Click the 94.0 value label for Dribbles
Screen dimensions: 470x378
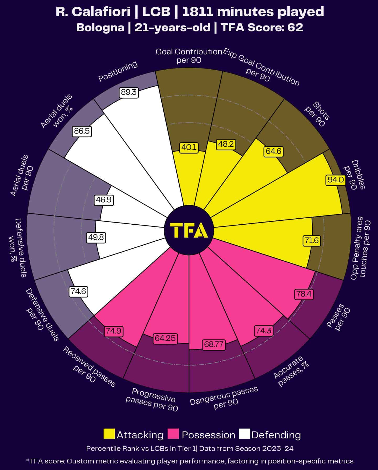click(x=336, y=180)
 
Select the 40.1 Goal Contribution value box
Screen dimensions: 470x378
click(x=189, y=147)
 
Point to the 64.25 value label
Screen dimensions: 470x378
click(x=165, y=338)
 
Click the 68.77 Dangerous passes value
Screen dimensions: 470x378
click(x=214, y=344)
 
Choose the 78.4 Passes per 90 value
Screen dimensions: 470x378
click(x=304, y=294)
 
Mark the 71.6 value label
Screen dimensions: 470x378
click(x=312, y=241)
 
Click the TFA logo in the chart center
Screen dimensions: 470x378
click(x=189, y=230)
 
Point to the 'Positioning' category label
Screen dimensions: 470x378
click(x=118, y=71)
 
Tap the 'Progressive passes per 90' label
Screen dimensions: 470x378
click(x=152, y=399)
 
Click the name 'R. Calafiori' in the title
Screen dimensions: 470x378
click(x=93, y=12)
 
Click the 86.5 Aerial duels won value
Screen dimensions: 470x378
click(x=82, y=131)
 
